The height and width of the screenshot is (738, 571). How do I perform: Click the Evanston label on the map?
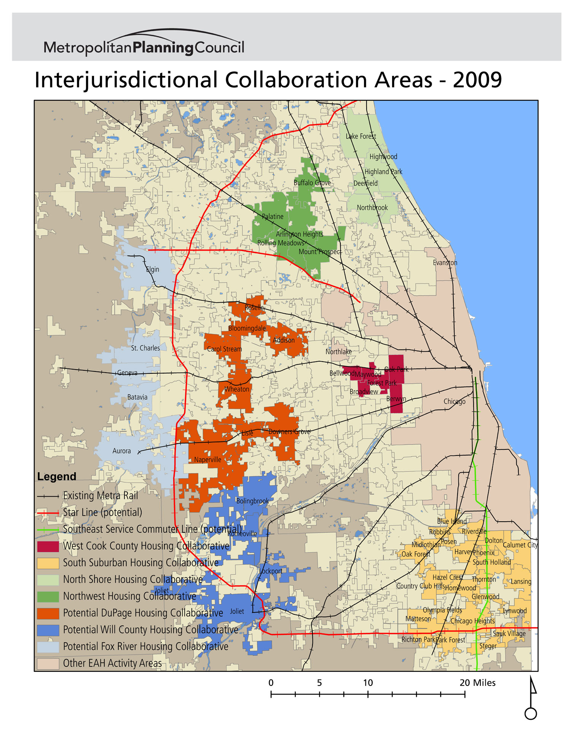pyautogui.click(x=445, y=263)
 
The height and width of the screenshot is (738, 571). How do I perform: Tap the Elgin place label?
pyautogui.click(x=153, y=270)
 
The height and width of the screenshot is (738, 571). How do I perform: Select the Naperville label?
pyautogui.click(x=207, y=460)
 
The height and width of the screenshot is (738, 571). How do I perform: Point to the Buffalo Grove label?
pyautogui.click(x=312, y=183)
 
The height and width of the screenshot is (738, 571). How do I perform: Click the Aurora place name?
pyautogui.click(x=121, y=451)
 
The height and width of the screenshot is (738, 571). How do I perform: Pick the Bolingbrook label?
pyautogui.click(x=252, y=501)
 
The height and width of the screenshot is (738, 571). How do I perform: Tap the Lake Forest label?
pyautogui.click(x=360, y=136)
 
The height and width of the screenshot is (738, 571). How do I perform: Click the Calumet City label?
pyautogui.click(x=520, y=545)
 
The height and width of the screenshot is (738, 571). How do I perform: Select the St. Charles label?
pyautogui.click(x=145, y=348)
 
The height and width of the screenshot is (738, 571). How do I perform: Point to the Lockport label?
pyautogui.click(x=271, y=571)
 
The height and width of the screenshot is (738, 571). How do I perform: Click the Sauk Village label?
pyautogui.click(x=509, y=633)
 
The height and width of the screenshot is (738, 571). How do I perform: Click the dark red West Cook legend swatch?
pyautogui.click(x=48, y=546)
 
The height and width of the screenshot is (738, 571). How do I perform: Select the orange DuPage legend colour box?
pyautogui.click(x=48, y=613)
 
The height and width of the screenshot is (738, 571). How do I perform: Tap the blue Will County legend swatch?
pyautogui.click(x=48, y=630)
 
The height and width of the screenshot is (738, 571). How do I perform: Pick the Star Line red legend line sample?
pyautogui.click(x=48, y=513)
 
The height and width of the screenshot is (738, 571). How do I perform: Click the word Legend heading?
pyautogui.click(x=56, y=476)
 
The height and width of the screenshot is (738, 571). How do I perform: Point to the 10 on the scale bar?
pyautogui.click(x=368, y=683)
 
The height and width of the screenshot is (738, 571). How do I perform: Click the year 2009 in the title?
pyautogui.click(x=477, y=80)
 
